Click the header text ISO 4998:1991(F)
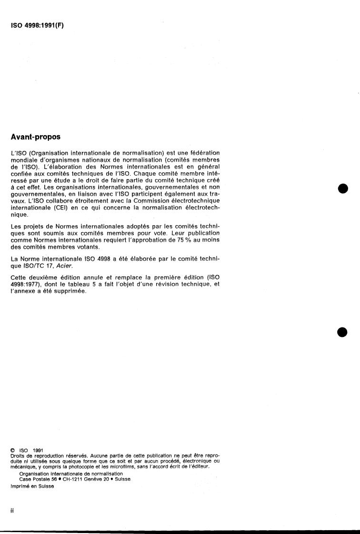coord(37,26)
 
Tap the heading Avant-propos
coord(35,137)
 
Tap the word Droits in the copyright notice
coord(17,455)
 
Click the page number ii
coord(12,511)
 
